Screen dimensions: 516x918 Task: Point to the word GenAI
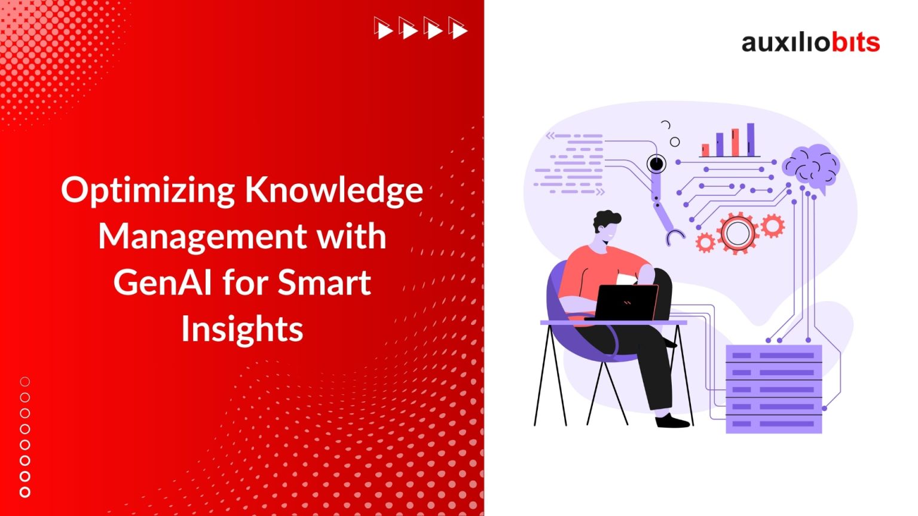pos(162,282)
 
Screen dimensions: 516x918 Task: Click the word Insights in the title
pos(242,328)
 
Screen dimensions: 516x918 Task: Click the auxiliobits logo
pos(810,42)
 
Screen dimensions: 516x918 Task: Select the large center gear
pos(738,233)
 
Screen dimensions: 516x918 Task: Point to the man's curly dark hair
pos(606,220)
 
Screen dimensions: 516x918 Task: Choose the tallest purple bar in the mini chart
pos(751,139)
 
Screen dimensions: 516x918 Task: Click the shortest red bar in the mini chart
pos(706,150)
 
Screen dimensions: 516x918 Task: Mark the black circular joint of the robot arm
pos(656,162)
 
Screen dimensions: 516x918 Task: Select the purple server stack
pos(773,389)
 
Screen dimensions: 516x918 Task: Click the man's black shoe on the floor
pos(673,421)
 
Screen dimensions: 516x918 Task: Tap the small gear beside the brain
pos(772,226)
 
